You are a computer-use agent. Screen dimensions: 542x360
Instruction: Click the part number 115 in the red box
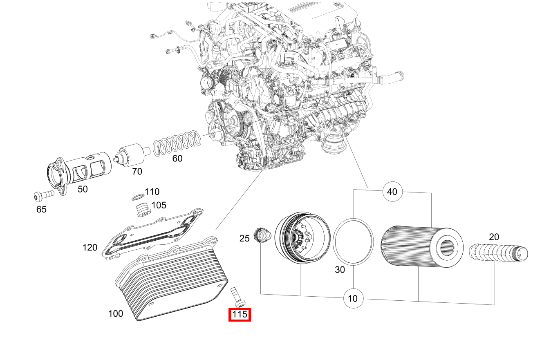(x=240, y=315)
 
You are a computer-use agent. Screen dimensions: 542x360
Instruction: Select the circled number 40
(x=392, y=192)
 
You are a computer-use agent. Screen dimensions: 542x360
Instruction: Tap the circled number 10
(x=353, y=299)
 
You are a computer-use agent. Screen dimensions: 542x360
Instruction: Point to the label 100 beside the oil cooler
(x=116, y=313)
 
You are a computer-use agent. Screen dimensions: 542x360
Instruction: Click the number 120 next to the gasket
(x=90, y=248)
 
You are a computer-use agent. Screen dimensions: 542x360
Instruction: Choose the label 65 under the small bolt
(x=41, y=209)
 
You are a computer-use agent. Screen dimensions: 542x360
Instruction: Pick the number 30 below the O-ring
(x=340, y=270)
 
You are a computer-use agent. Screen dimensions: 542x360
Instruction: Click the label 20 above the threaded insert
(x=494, y=237)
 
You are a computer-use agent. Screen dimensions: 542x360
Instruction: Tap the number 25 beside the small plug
(x=244, y=238)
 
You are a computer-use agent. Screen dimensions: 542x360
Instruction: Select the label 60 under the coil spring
(x=177, y=159)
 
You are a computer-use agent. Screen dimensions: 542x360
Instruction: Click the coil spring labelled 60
(x=177, y=143)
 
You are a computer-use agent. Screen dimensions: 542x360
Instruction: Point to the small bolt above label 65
(x=44, y=195)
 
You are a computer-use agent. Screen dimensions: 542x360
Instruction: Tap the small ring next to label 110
(x=138, y=197)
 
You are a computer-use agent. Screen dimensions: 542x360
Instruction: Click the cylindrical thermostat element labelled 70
(x=131, y=155)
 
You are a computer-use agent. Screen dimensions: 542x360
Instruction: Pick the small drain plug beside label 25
(x=262, y=235)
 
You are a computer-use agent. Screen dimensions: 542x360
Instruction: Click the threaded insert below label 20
(x=498, y=253)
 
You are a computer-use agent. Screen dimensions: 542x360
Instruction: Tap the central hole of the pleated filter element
(x=447, y=248)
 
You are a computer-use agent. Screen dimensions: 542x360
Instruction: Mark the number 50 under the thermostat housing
(x=83, y=189)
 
